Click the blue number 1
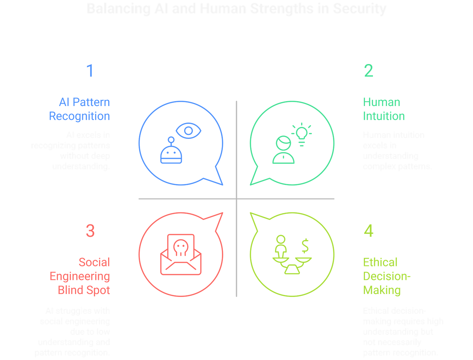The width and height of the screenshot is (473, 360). pos(90,71)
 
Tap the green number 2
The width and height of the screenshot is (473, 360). pos(368,71)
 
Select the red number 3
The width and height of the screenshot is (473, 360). pos(90,231)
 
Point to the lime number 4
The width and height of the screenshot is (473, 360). pos(368,231)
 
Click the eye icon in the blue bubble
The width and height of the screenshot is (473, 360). pos(188,131)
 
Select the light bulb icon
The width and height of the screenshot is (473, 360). pos(302,134)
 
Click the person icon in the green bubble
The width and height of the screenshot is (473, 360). pos(283,150)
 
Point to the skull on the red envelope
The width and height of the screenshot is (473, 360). pos(181,248)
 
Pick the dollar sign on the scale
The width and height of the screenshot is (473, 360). pos(305,246)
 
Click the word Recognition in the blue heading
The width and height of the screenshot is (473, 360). pos(79,116)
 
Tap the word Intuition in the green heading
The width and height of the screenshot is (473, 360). pos(384,116)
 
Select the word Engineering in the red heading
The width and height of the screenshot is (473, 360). pos(80,276)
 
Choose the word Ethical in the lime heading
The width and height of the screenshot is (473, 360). pos(380,262)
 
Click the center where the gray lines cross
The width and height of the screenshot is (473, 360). pos(236,198)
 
